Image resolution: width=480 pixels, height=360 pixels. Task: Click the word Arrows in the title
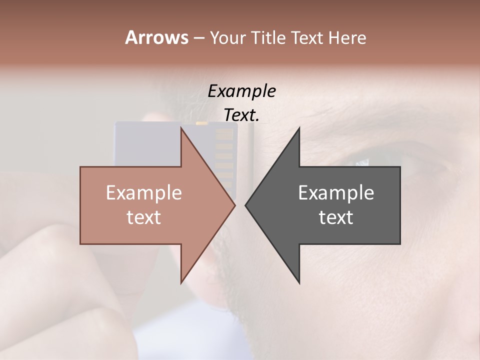(156, 37)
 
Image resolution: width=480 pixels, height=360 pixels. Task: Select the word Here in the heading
(347, 38)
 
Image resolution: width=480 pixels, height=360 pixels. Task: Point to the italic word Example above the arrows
(242, 91)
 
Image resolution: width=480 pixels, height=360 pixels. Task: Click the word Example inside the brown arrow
(144, 193)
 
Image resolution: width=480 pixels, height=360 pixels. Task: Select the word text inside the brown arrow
(144, 217)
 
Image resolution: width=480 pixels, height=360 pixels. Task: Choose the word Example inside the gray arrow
(336, 193)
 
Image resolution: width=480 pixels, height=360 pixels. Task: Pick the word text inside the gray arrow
(336, 217)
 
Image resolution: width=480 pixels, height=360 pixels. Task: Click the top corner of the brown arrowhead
(181, 127)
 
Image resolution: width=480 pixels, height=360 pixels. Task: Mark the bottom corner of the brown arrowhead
(181, 283)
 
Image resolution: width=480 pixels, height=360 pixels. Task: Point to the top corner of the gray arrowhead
(299, 127)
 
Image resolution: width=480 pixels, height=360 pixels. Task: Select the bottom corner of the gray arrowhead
(299, 283)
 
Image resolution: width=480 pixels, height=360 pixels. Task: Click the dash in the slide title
(198, 38)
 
